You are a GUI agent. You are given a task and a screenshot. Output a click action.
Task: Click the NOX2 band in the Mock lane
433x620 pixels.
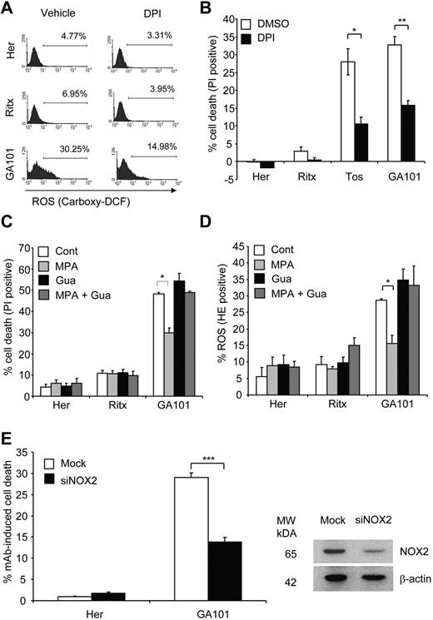click(331, 550)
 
